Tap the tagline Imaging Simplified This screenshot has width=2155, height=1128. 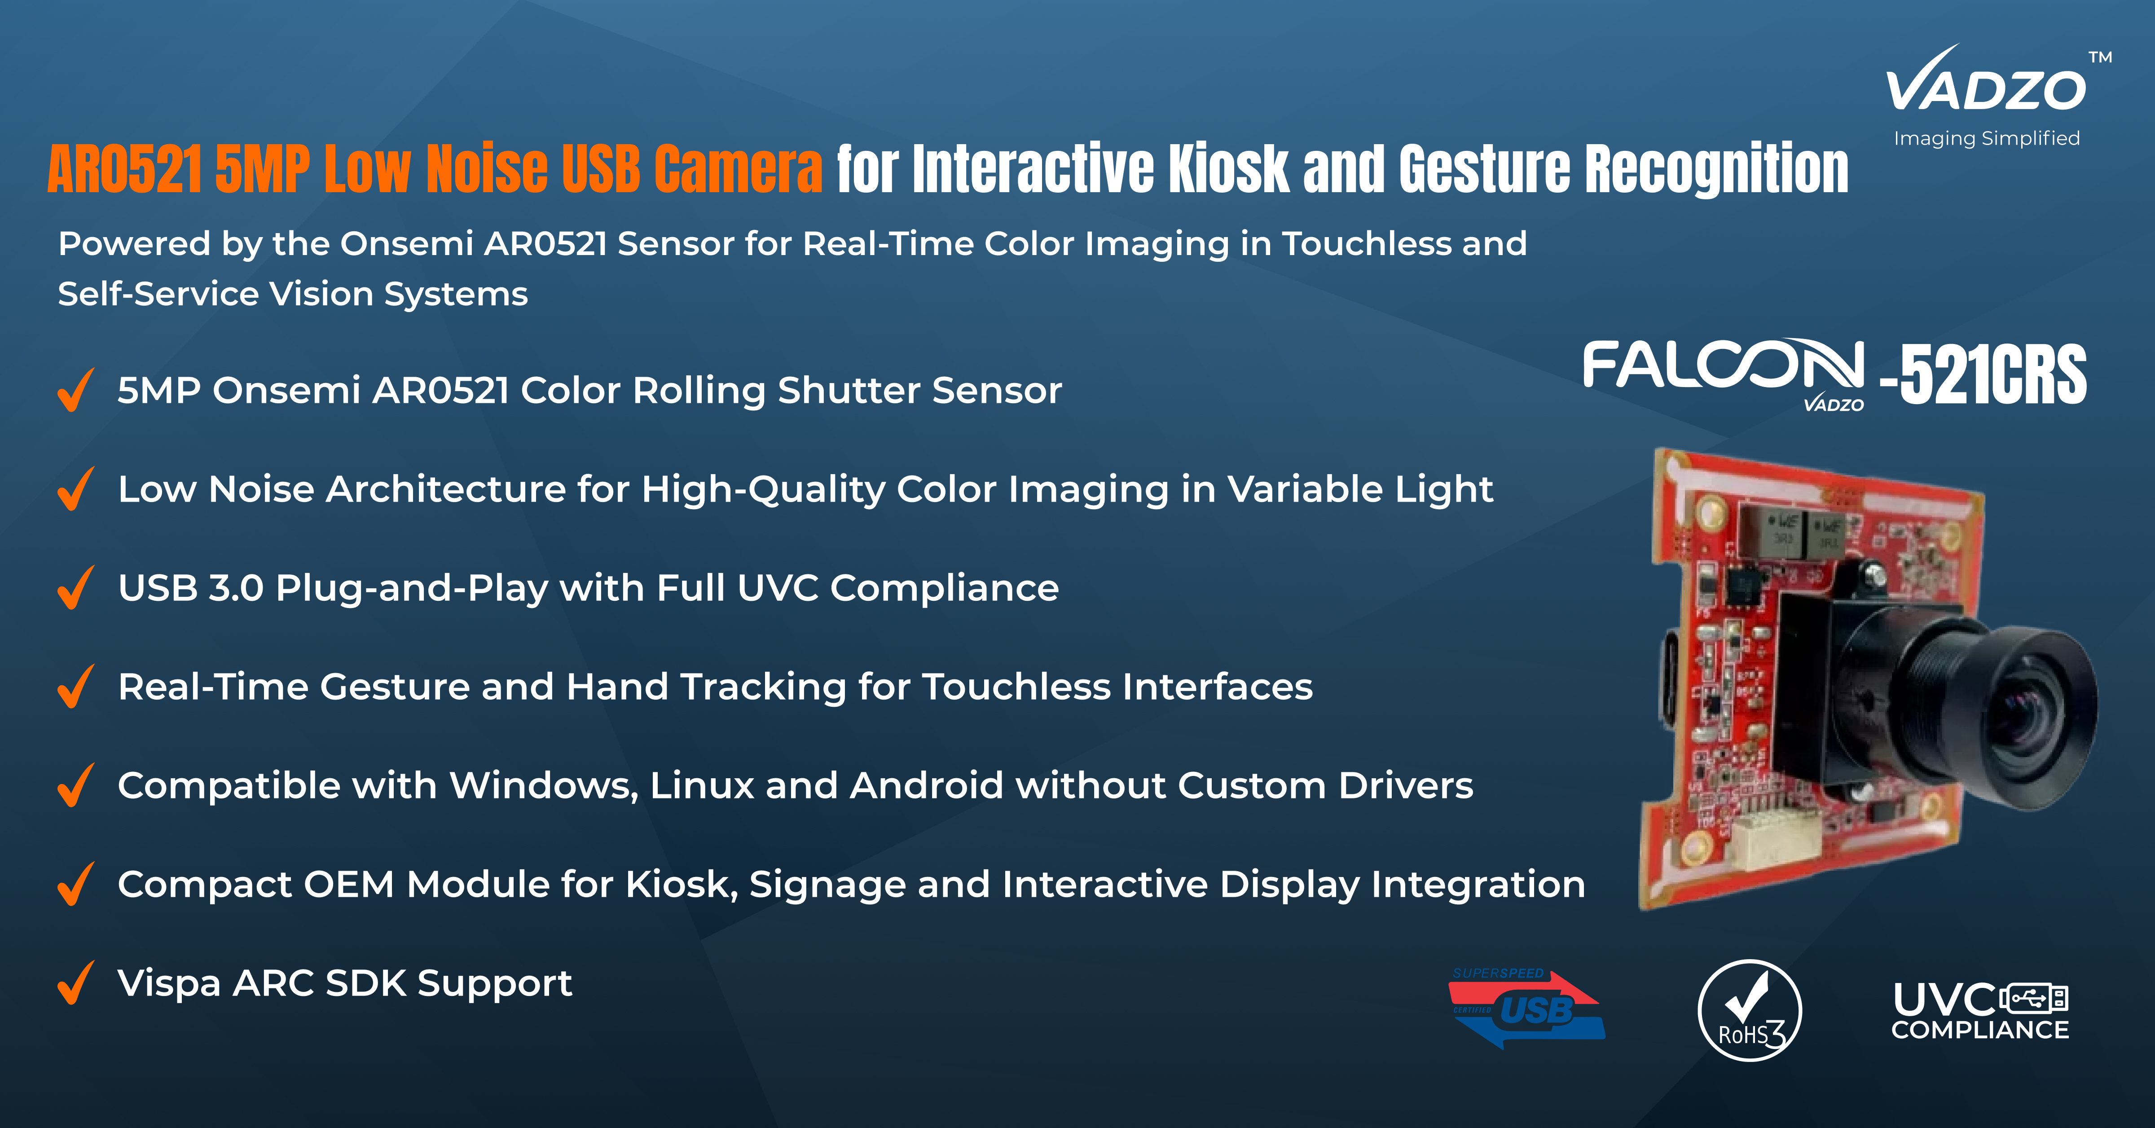[x=1987, y=138]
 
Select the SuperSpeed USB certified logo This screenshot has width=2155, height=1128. [x=1527, y=1009]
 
